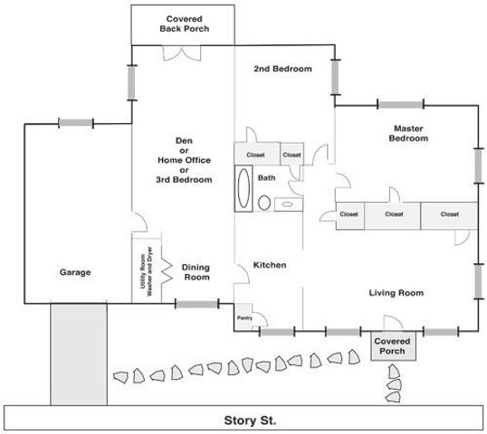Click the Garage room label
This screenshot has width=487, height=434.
75,271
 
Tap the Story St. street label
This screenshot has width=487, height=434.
250,420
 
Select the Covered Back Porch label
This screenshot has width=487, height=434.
185,24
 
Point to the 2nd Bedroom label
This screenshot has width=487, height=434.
282,69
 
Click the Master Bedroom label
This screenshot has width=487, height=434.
408,133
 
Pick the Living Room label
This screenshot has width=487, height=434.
396,292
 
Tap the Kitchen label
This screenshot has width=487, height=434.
270,265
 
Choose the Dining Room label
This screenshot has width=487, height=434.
196,272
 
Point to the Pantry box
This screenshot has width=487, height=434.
245,318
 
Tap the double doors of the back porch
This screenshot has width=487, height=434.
177,53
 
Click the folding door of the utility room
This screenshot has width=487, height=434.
167,269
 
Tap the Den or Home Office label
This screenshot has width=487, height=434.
184,160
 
